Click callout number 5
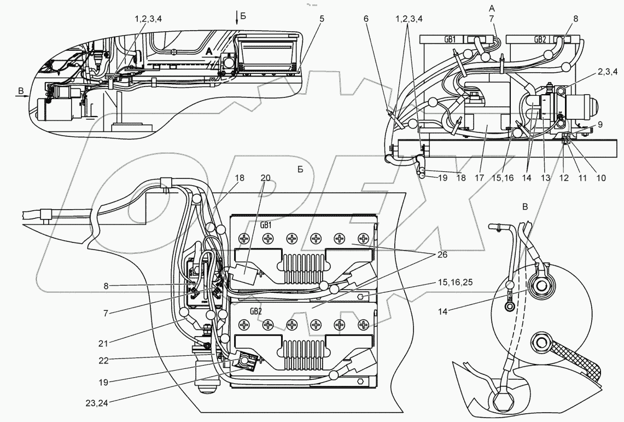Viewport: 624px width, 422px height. pyautogui.click(x=322, y=19)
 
